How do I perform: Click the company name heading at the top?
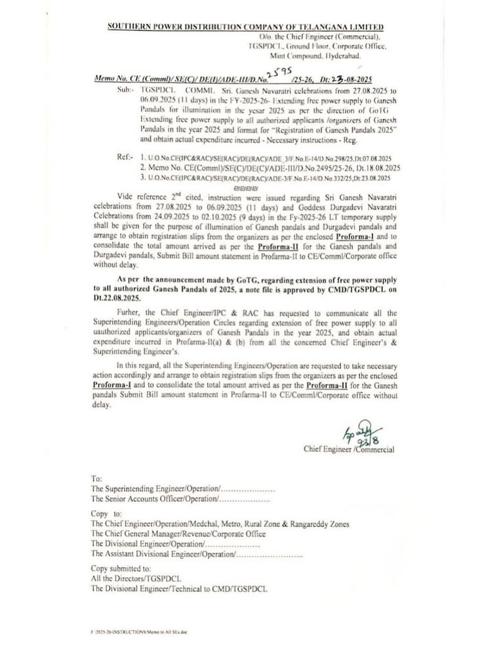245,27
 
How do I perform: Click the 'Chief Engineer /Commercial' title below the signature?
349,449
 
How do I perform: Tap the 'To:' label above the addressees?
96,478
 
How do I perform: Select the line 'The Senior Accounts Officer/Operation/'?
155,499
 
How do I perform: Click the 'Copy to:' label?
106,513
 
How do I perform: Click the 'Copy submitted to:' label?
121,569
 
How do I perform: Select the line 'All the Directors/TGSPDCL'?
136,579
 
